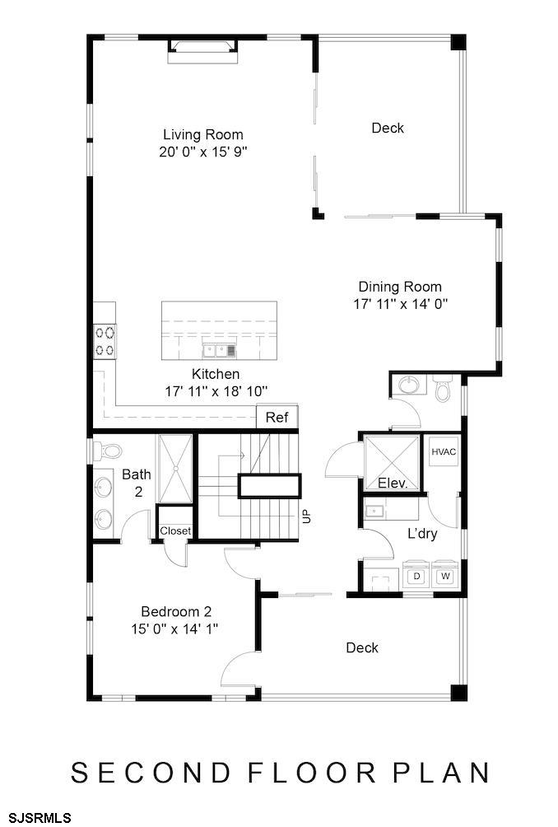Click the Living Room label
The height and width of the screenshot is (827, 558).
[x=202, y=134]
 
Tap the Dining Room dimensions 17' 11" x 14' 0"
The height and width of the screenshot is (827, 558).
[x=401, y=304]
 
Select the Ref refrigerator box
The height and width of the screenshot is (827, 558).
[x=277, y=417]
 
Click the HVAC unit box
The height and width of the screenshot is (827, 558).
[x=444, y=451]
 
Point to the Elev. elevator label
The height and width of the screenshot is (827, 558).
[x=393, y=483]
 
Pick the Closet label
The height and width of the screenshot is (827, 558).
[x=175, y=531]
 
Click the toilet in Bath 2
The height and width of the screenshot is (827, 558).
[x=107, y=451]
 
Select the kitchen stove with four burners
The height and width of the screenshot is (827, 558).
[x=105, y=341]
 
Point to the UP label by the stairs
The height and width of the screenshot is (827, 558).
[x=307, y=516]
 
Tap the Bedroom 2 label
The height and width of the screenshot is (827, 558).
[x=176, y=611]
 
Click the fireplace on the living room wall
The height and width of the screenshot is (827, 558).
[x=202, y=52]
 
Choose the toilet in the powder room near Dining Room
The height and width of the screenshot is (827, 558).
[x=443, y=388]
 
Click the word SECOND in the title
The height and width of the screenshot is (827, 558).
[x=151, y=773]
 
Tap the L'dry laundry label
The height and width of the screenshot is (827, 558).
[x=422, y=533]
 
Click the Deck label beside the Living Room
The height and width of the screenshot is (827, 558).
[x=388, y=128]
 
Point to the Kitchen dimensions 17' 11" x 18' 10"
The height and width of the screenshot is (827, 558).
[x=216, y=391]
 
